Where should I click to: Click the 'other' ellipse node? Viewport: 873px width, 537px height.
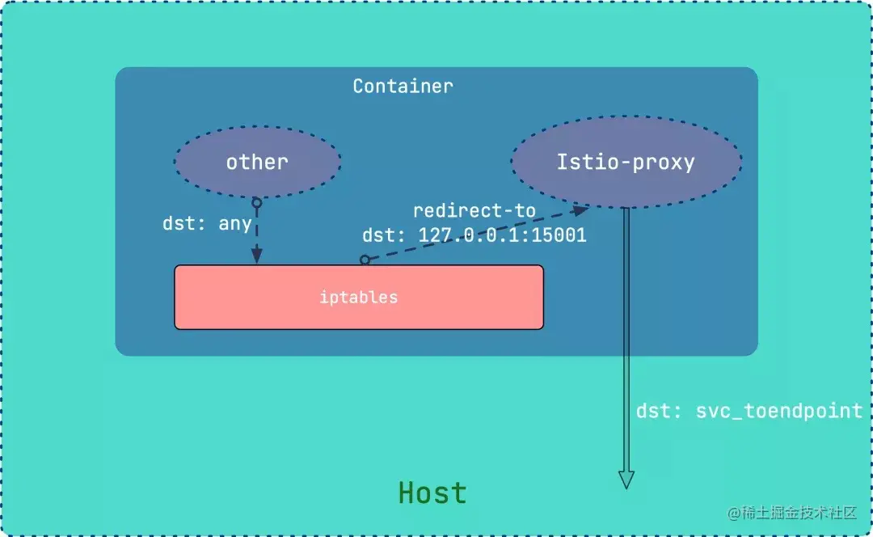[x=257, y=162]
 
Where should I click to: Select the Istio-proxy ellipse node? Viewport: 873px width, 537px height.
[x=626, y=162]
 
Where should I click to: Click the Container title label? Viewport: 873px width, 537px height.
[x=403, y=86]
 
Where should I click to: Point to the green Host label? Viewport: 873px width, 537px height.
[x=432, y=493]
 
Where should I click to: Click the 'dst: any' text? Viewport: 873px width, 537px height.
[x=207, y=223]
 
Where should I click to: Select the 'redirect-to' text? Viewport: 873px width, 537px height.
[x=474, y=211]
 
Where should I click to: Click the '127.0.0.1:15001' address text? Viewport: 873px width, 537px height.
[x=502, y=235]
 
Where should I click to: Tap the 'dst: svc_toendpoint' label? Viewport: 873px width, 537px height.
[x=749, y=411]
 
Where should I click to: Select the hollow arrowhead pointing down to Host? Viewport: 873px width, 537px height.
[x=626, y=479]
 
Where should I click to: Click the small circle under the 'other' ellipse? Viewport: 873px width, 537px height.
[x=256, y=202]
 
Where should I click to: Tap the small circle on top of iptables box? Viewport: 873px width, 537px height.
[x=365, y=260]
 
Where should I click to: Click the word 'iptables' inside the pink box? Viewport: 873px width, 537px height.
[x=359, y=297]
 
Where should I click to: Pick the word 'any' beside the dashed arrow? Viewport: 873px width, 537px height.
[x=235, y=223]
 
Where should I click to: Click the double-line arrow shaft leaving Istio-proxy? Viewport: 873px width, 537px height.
[x=626, y=340]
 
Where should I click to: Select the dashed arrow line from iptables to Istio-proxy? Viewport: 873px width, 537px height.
[x=473, y=236]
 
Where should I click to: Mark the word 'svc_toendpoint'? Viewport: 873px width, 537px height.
[x=778, y=411]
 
